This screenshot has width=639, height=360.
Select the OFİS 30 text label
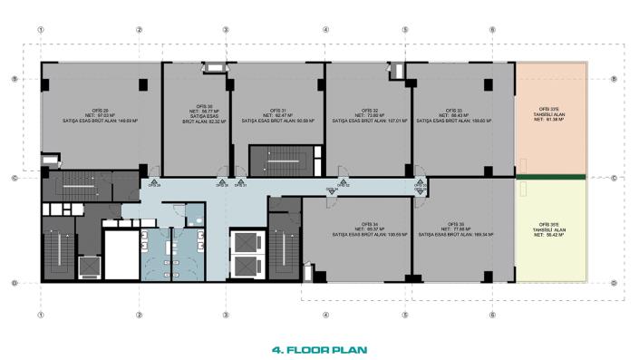coord(191,106)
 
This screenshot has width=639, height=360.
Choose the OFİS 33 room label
coord(454,111)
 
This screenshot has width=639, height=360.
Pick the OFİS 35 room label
coord(454,223)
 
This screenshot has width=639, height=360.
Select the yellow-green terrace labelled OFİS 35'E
coord(550,227)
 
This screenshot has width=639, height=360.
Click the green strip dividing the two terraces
coord(550,176)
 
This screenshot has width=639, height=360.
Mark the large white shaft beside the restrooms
coord(119,254)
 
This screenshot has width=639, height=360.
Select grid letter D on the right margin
coord(615,283)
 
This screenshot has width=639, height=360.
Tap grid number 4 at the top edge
coord(325,29)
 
